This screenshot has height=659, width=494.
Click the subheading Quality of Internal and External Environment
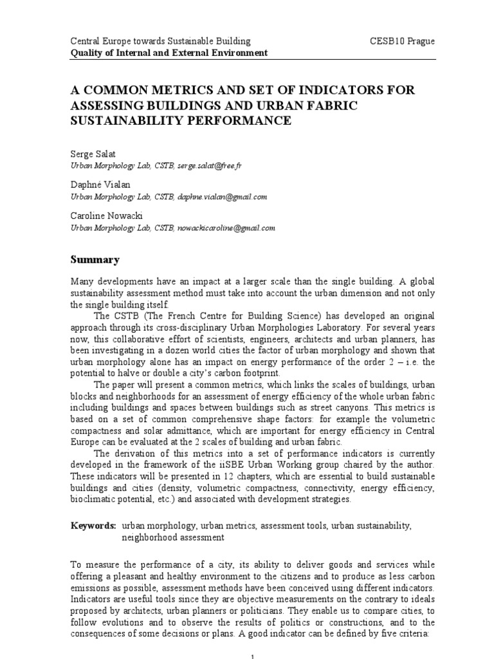(169, 53)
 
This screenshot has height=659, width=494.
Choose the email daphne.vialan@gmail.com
(223, 197)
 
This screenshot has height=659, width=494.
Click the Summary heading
(95, 260)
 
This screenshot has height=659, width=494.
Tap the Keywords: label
(93, 526)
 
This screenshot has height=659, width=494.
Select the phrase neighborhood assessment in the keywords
(173, 537)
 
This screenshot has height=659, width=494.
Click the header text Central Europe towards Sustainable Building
(160, 41)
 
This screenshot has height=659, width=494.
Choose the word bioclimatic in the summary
(98, 498)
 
